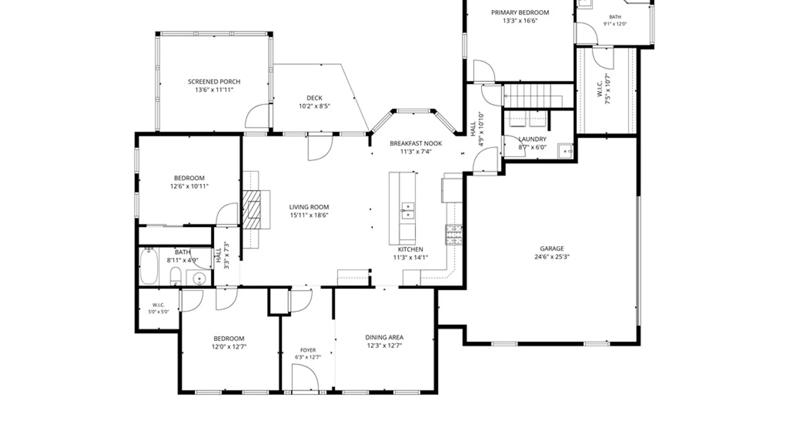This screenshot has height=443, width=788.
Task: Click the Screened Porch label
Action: coord(214,82)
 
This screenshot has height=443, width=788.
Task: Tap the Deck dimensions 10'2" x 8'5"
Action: coord(314,106)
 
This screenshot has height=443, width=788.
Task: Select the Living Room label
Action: coord(309,207)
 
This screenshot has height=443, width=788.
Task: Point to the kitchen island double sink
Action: coord(408,211)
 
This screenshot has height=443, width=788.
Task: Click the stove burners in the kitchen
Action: coord(454,235)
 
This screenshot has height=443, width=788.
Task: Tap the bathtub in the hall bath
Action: coord(149,266)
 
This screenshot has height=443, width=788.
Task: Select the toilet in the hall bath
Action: coord(176,276)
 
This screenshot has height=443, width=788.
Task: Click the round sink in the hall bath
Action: coord(199,279)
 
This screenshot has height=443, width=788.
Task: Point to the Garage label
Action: coord(552,249)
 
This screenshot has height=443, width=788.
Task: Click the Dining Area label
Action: coord(384,337)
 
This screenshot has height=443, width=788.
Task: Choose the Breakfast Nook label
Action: coord(416,144)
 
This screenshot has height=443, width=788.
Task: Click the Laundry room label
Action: coord(532,139)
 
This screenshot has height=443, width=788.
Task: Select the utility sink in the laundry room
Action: coord(566,151)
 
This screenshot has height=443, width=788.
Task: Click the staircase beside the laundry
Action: coord(533,96)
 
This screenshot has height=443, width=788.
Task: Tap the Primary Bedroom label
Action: coord(520,13)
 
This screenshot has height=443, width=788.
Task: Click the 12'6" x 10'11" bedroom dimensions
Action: coord(189,186)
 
